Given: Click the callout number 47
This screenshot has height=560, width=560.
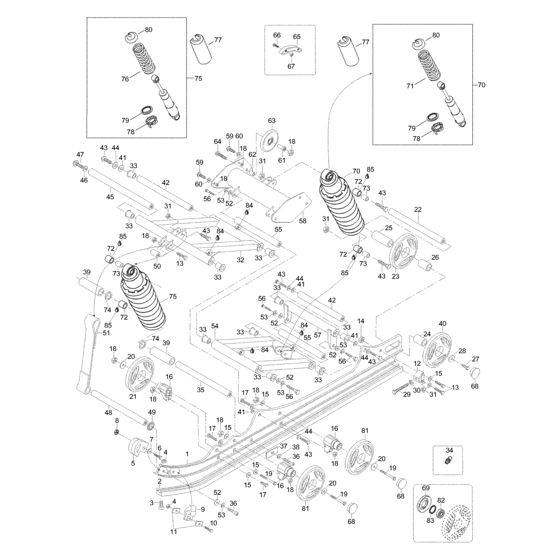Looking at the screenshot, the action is coord(80,154).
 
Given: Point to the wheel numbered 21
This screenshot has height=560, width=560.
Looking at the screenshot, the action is coord(140,375).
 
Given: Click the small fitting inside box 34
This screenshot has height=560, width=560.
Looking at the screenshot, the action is coord(447,461).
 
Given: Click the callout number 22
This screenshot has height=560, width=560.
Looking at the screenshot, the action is coord(418,209).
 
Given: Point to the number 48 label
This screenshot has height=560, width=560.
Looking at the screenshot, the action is coord(108,413).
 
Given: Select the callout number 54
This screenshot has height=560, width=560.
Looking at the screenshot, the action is coord(215,326).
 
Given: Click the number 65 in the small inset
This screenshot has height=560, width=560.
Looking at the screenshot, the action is coord(297,37).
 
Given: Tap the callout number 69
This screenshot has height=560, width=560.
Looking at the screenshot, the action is coord(426,488).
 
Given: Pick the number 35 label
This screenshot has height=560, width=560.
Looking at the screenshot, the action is coord(201,390).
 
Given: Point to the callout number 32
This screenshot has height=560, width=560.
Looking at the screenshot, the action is coord(240,260).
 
